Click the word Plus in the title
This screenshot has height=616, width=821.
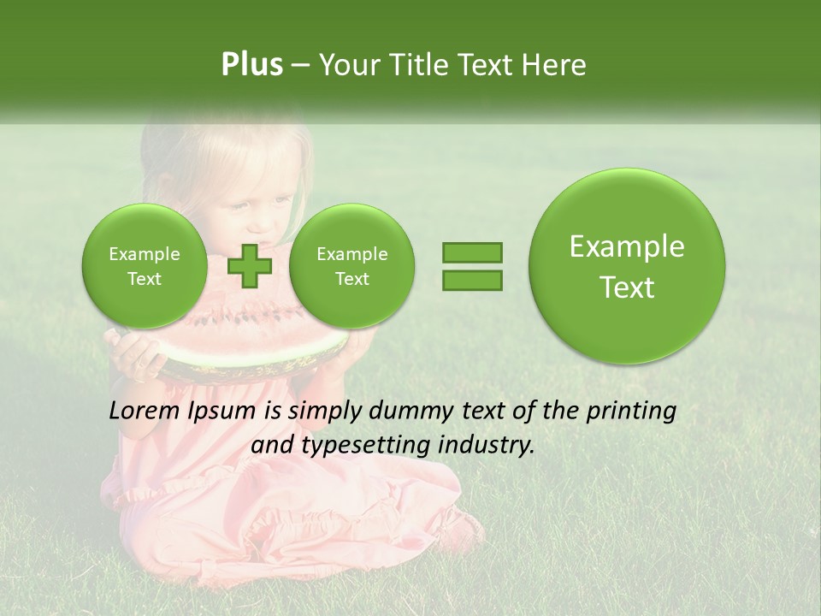(x=251, y=65)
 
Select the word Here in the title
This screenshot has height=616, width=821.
(x=554, y=65)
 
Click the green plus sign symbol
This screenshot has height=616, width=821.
(x=249, y=266)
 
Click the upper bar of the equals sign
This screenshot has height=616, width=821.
(x=472, y=252)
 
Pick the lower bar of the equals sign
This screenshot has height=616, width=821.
(x=472, y=280)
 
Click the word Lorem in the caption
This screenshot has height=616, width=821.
(x=145, y=411)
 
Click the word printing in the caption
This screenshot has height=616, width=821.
(x=631, y=412)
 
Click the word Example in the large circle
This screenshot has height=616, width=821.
(x=627, y=246)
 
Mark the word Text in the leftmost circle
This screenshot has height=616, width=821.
(x=145, y=279)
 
